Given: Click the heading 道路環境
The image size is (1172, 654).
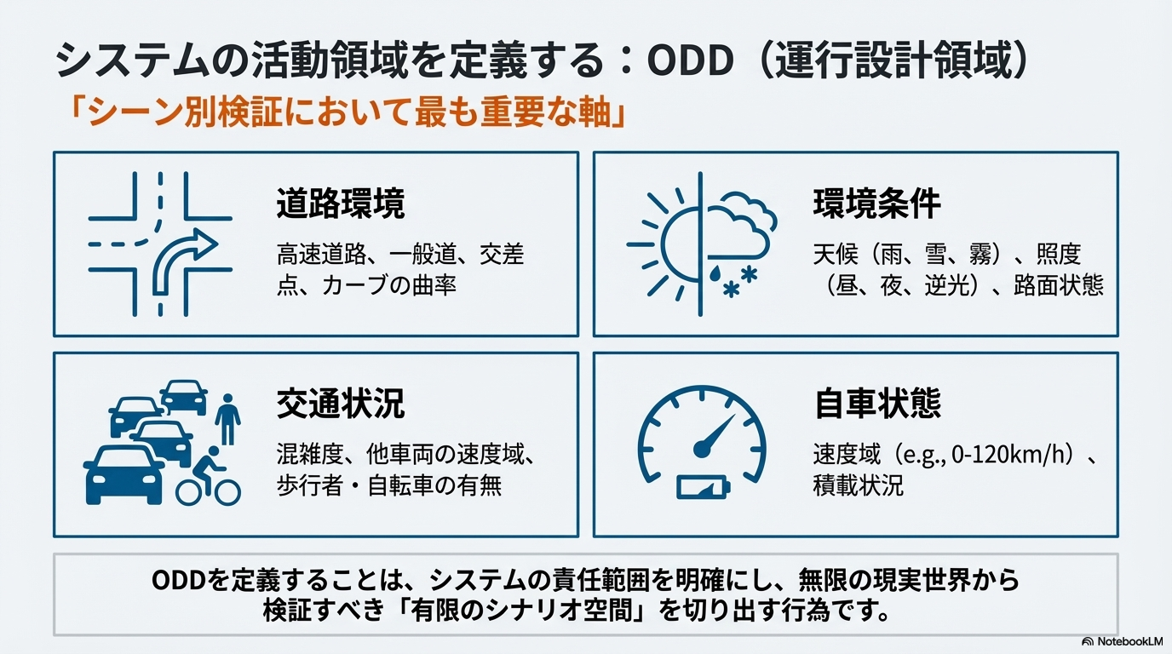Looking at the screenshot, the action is [341, 204].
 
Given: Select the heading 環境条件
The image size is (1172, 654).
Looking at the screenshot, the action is [877, 204].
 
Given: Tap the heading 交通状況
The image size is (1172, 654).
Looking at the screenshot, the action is [341, 404].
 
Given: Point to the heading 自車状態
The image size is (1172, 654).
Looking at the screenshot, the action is [877, 403].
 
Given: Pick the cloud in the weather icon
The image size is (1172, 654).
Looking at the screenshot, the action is [740, 225].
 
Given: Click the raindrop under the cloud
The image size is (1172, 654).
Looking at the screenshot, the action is [715, 273].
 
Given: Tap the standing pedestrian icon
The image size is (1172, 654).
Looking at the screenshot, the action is [227, 420].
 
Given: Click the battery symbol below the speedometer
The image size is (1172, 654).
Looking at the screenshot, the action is [703, 487].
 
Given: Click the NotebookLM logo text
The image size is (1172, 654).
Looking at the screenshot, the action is [1130, 641].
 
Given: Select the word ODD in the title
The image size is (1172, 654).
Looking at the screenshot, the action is [690, 61].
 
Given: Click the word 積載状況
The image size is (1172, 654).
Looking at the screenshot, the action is [858, 485].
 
